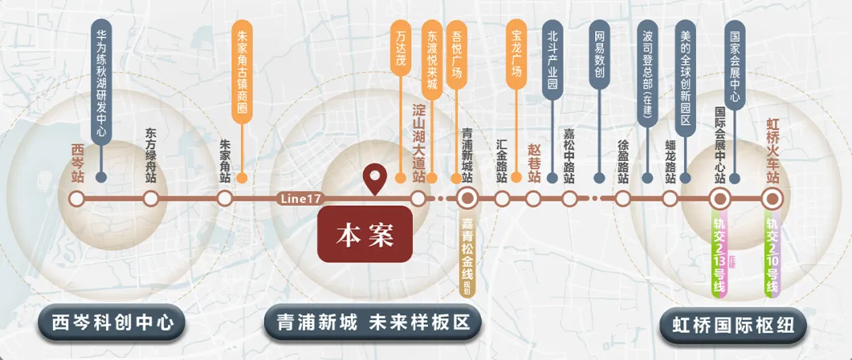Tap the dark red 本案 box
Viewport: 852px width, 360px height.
click(x=365, y=235)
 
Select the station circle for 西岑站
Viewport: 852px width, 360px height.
click(x=76, y=198)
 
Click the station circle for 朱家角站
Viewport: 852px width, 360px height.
click(x=225, y=198)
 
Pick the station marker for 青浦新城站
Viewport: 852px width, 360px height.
click(x=467, y=198)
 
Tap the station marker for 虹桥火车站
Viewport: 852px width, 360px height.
click(x=774, y=198)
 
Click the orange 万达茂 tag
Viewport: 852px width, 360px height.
click(x=402, y=49)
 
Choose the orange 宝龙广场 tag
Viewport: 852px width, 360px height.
click(x=517, y=52)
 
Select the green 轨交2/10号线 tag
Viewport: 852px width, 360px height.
click(x=773, y=255)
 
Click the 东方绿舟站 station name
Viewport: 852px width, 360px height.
click(x=151, y=157)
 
